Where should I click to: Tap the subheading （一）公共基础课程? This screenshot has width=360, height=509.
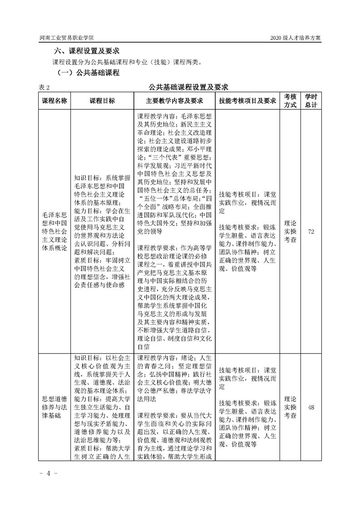88,73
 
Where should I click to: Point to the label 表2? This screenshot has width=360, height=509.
44,87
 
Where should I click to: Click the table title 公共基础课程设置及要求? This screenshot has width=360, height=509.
188,86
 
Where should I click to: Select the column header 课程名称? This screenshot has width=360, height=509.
54,101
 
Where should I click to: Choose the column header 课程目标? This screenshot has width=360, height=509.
102,101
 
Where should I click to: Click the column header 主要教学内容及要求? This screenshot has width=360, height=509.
174,101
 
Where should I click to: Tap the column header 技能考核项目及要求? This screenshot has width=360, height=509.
247,101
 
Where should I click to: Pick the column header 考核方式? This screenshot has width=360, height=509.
290,101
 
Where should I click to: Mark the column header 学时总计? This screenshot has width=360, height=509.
311,101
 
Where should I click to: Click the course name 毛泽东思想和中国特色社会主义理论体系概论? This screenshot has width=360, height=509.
54,231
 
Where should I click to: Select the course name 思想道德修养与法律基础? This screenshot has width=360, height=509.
54,407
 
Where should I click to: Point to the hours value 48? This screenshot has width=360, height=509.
311,407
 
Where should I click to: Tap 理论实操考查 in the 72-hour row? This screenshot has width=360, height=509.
290,231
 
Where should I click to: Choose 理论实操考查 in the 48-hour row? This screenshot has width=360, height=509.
290,407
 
